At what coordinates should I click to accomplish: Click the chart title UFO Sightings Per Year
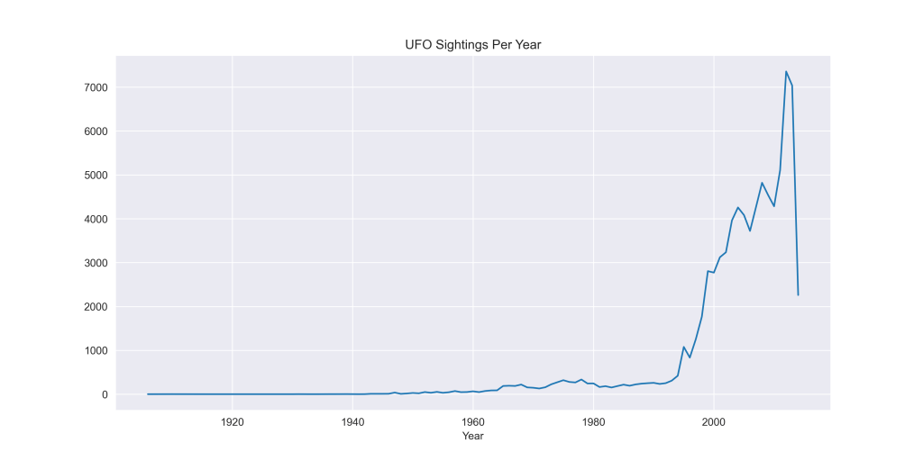click(x=472, y=45)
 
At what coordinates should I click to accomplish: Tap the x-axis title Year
click(x=472, y=436)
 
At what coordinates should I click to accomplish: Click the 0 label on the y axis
click(x=105, y=394)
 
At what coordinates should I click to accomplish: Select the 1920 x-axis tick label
click(x=232, y=421)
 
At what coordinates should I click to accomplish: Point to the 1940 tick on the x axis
click(x=352, y=421)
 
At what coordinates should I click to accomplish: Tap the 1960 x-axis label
click(x=472, y=421)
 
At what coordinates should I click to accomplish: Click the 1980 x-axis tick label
click(x=593, y=421)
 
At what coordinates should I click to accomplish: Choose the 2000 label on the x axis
click(x=713, y=421)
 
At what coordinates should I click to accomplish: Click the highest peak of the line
click(x=786, y=71)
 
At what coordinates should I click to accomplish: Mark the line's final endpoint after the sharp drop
click(x=798, y=295)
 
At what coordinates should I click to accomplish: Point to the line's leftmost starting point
click(x=148, y=393)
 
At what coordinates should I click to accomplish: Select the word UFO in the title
click(x=418, y=45)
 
